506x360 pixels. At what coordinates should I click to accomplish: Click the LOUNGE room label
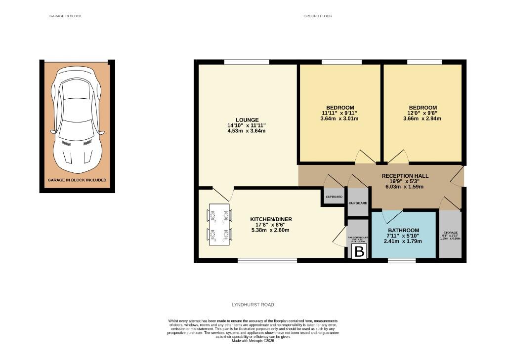coord(247,120)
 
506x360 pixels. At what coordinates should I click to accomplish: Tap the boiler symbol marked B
coord(359,252)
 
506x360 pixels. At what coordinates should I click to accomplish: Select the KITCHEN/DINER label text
coord(270,219)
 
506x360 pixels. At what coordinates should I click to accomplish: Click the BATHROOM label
coord(403,230)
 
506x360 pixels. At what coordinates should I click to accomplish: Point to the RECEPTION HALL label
coord(405,176)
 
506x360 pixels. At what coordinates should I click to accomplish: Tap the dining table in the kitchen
coord(219,225)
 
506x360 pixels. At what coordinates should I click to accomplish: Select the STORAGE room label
coord(450,233)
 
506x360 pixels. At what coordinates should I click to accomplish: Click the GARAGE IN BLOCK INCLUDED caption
coord(77,180)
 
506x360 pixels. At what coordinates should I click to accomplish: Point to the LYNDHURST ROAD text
coord(253,305)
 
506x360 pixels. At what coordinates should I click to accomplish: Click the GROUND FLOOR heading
coord(317,16)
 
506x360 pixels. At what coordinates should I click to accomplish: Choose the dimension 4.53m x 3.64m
coord(247,131)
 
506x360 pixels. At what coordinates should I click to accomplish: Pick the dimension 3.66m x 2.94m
coord(422,119)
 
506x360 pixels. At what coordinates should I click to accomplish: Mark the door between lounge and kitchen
coord(221,194)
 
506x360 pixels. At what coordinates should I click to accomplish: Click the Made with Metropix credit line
coord(253,341)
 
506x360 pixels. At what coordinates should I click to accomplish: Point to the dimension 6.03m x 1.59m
coord(405,187)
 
